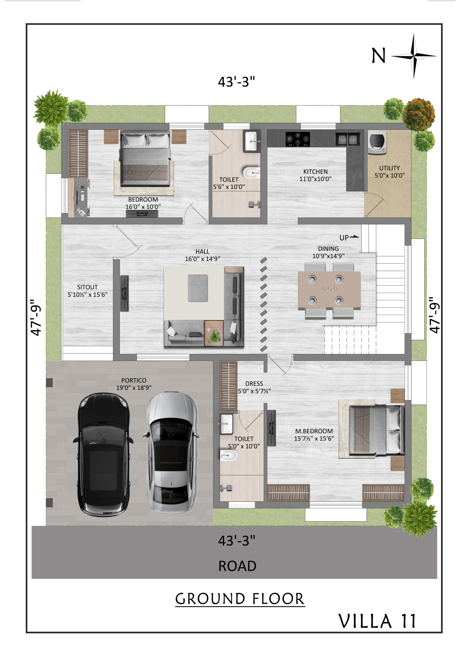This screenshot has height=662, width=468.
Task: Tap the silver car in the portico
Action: coord(172,453)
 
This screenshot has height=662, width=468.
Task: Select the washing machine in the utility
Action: coord(377,142)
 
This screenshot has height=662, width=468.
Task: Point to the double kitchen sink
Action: coord(347,139)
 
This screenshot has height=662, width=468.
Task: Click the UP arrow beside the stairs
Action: coord(354,237)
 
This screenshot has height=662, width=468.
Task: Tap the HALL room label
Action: coord(202,251)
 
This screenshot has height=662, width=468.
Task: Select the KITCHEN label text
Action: coord(315,171)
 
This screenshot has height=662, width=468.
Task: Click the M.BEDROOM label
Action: coord(314,431)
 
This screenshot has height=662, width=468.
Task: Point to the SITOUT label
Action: coord(87,287)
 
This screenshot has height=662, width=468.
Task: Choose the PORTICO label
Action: coord(134,380)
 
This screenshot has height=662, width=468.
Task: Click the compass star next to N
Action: coord(413,56)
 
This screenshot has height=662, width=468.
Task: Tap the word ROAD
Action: coord(237,566)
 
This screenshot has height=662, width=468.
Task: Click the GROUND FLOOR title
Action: coord(240,599)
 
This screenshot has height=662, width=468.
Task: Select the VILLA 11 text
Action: coord(377,621)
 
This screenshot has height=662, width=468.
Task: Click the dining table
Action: coord(329,290)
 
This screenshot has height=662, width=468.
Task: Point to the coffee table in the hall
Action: coord(198,288)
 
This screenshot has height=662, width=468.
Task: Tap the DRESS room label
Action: coord(254,384)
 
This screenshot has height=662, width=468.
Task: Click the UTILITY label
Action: coord(389,168)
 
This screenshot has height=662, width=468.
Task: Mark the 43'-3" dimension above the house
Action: coord(236,82)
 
